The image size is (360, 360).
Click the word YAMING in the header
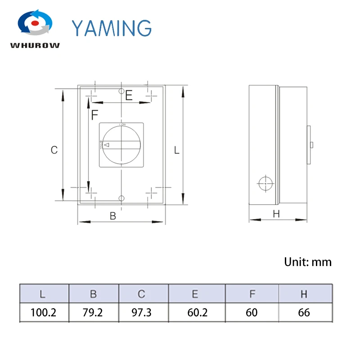pos(112,27)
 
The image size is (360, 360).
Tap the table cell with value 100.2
pos(44,312)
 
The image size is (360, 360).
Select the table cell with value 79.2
pos(93,312)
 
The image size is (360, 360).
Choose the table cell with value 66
pos(304,312)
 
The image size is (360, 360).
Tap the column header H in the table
pos(304,294)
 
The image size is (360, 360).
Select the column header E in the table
pos(195,294)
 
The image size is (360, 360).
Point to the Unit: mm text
pos(308,262)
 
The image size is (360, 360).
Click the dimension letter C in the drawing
pos(54,150)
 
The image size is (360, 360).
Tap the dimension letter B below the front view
pos(113,216)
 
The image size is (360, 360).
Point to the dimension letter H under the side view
pos(276,215)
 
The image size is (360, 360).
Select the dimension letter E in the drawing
pos(129,95)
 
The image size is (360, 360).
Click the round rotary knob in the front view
pos(121,145)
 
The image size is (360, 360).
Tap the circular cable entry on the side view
pos(265,184)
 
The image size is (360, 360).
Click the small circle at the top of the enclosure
pos(121,91)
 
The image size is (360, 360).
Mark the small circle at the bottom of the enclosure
pos(121,198)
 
